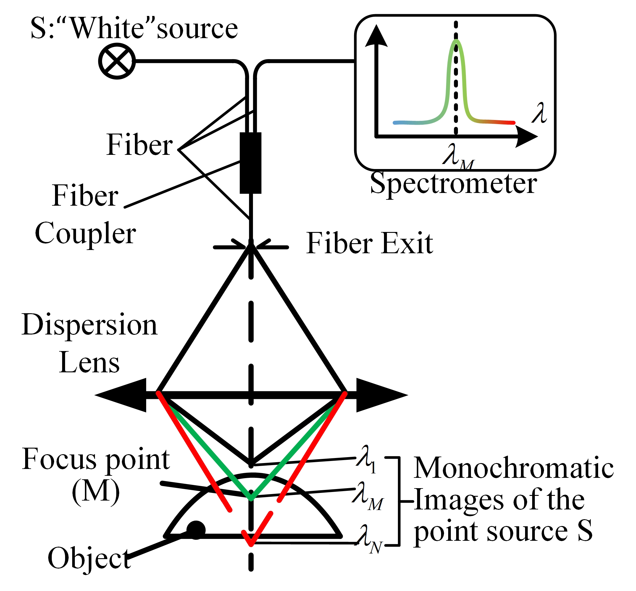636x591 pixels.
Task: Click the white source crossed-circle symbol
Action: pyautogui.click(x=117, y=61)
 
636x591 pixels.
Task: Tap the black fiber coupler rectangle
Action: pyautogui.click(x=251, y=163)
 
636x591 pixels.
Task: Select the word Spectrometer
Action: pyautogui.click(x=453, y=184)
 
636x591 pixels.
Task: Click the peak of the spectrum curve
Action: pyautogui.click(x=456, y=41)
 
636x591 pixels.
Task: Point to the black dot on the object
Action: pyautogui.click(x=196, y=530)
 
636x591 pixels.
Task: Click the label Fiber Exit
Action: pyautogui.click(x=369, y=243)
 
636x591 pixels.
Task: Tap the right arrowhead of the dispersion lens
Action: pyautogui.click(x=381, y=395)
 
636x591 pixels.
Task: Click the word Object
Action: pyautogui.click(x=89, y=558)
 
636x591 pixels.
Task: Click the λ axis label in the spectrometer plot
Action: pyautogui.click(x=539, y=113)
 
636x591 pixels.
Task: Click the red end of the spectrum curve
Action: pyautogui.click(x=512, y=123)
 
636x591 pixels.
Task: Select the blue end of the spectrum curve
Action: pyautogui.click(x=396, y=123)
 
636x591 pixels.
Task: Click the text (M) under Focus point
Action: pyautogui.click(x=96, y=492)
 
